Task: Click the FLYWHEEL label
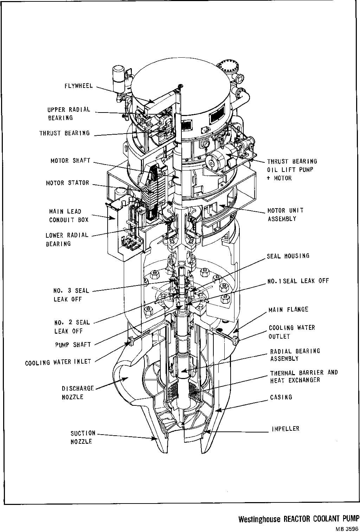pos(78,86)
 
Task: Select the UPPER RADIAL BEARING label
pos(69,114)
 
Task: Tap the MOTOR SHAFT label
pos(70,161)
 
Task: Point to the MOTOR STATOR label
pos(67,183)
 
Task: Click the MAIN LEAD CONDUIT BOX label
pos(69,216)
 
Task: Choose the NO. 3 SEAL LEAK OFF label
pos(71,295)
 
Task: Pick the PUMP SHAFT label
pos(73,345)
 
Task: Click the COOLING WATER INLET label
pos(58,362)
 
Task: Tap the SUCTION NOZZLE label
pos(83,437)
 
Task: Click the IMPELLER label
pos(285,429)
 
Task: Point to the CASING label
pos(281,397)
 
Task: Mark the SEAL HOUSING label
pos(288,256)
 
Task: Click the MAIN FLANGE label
pos(288,310)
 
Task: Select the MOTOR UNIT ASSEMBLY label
pos(285,214)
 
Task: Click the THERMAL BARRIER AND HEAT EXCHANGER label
pos(304,376)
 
